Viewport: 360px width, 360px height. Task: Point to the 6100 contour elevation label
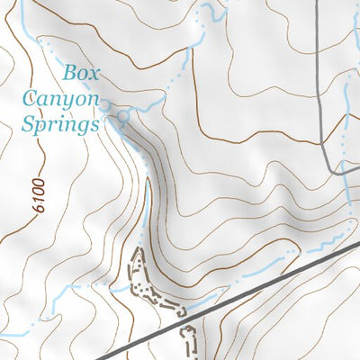[x=35, y=194]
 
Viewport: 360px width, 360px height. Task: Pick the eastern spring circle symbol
[x=123, y=116]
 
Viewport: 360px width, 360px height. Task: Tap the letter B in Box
[x=68, y=70]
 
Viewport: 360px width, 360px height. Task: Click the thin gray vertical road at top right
[x=321, y=72]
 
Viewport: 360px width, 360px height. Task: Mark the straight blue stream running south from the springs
[x=148, y=198]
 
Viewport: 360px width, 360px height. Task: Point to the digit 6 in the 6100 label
[x=35, y=209]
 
